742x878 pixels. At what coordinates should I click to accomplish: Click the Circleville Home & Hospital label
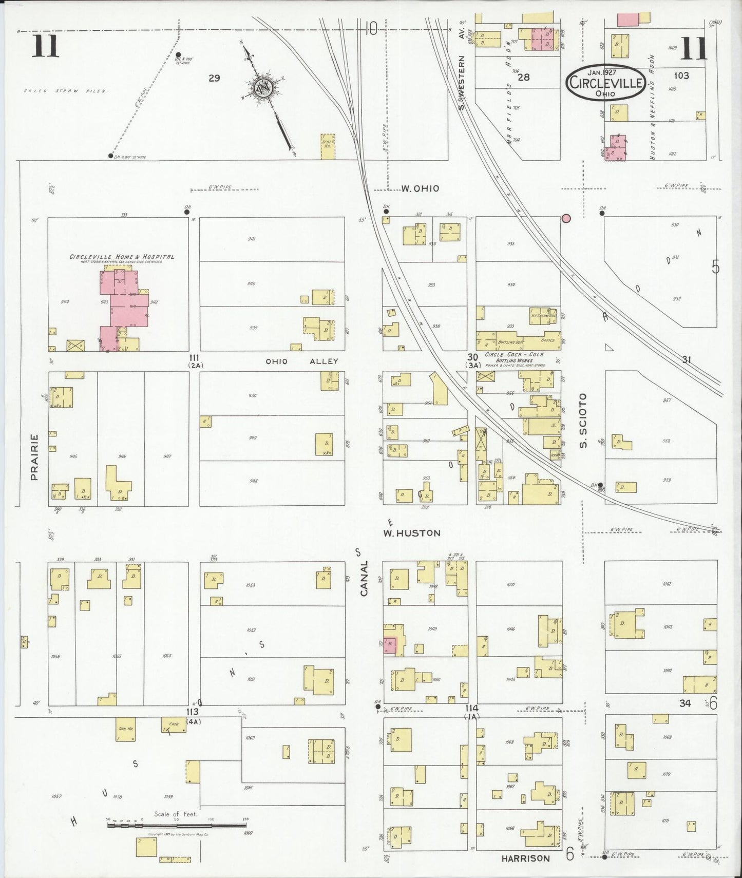(122, 257)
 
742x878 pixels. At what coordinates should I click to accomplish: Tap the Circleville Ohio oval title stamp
(606, 83)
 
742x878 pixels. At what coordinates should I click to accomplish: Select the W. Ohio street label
(420, 188)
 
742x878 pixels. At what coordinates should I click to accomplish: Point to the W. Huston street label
(411, 533)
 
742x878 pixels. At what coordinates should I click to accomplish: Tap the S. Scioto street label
(583, 420)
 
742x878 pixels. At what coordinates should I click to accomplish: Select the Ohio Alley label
(301, 361)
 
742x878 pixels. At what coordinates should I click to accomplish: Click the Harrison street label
(525, 858)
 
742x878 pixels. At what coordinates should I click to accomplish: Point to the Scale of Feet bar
(177, 825)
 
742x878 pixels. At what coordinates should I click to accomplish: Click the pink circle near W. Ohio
(566, 219)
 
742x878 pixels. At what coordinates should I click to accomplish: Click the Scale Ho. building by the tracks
(328, 146)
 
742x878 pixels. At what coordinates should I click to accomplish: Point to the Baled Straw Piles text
(65, 91)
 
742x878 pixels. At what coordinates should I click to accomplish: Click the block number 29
(214, 78)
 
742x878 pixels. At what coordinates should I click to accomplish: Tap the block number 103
(681, 75)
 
